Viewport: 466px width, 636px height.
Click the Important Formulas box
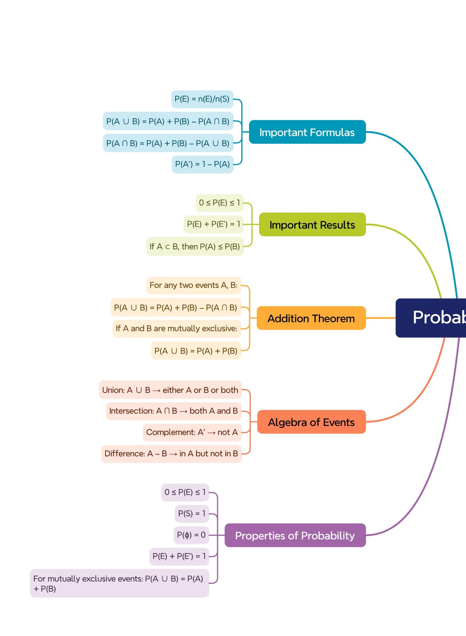point(307,132)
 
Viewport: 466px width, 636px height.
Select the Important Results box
point(312,224)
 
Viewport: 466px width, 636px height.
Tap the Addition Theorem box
point(311,318)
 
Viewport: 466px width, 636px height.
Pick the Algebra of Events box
point(311,422)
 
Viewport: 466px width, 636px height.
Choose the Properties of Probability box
point(295,535)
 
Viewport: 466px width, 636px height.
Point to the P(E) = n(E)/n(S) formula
point(202,99)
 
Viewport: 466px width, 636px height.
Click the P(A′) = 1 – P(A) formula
point(202,164)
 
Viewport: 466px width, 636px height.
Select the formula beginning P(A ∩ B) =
point(168,143)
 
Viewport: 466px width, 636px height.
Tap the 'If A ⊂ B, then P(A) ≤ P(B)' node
point(195,247)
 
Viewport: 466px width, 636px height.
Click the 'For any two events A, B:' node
point(193,285)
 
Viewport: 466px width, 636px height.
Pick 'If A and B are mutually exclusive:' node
point(176,329)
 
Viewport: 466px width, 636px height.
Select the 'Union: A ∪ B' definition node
point(170,390)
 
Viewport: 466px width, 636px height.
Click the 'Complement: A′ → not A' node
point(192,432)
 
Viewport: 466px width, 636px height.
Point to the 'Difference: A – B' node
point(171,453)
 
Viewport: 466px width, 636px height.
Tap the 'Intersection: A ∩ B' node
point(174,411)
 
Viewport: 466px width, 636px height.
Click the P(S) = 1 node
point(192,513)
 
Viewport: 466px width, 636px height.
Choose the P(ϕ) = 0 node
point(191,535)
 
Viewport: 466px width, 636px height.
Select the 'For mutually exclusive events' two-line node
point(119,583)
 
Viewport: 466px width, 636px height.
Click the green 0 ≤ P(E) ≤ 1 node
point(219,203)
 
